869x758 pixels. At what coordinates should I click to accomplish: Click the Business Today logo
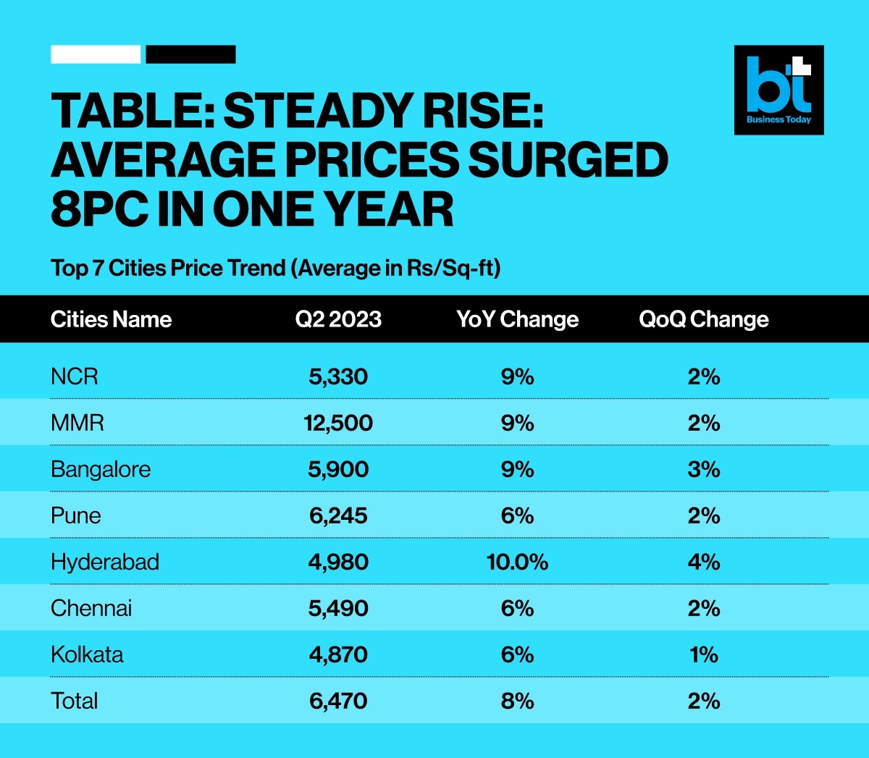click(778, 90)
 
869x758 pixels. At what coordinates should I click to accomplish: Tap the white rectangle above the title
click(96, 54)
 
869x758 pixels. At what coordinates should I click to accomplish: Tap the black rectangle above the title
click(190, 54)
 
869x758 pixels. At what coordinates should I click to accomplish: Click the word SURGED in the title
click(568, 160)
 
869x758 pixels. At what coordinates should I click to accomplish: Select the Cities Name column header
click(111, 319)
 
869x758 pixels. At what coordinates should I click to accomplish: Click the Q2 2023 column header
click(338, 319)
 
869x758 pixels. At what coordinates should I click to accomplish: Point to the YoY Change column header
click(517, 319)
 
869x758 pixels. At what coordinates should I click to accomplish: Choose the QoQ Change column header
click(703, 319)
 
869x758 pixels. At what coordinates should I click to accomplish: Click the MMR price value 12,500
click(338, 423)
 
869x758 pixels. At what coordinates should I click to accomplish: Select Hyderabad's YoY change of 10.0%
click(517, 562)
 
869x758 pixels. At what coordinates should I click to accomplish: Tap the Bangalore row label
click(101, 469)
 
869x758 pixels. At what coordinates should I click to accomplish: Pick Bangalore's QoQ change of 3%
click(704, 469)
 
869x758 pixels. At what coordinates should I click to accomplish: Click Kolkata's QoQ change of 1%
click(704, 654)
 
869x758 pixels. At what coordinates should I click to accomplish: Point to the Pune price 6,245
click(338, 515)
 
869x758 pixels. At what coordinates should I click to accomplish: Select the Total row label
click(74, 701)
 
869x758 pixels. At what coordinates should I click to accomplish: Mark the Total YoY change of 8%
click(517, 701)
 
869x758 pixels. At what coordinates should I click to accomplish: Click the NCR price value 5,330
click(338, 376)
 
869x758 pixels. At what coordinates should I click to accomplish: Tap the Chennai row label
click(91, 608)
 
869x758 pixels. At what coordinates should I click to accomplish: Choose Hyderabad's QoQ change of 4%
click(704, 562)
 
